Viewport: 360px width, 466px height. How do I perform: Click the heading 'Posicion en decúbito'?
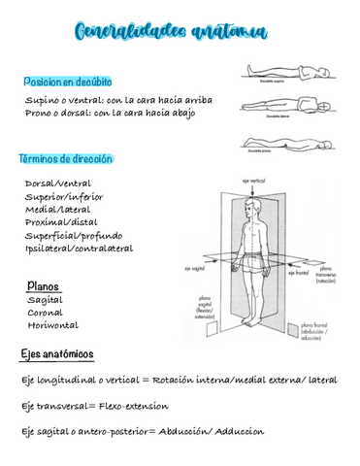68,82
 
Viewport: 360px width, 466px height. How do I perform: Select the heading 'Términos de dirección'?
66,158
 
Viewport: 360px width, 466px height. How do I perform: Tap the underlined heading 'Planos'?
44,287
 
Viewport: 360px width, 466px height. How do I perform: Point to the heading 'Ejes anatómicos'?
57,353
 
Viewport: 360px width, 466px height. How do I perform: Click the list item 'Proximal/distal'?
61,222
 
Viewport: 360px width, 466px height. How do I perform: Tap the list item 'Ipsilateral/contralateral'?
80,249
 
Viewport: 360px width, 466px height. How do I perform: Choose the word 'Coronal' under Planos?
46,313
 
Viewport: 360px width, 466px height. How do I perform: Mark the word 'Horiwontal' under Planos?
53,325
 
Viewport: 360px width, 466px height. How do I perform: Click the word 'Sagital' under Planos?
45,300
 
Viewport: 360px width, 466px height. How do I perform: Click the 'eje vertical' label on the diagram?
253,181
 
